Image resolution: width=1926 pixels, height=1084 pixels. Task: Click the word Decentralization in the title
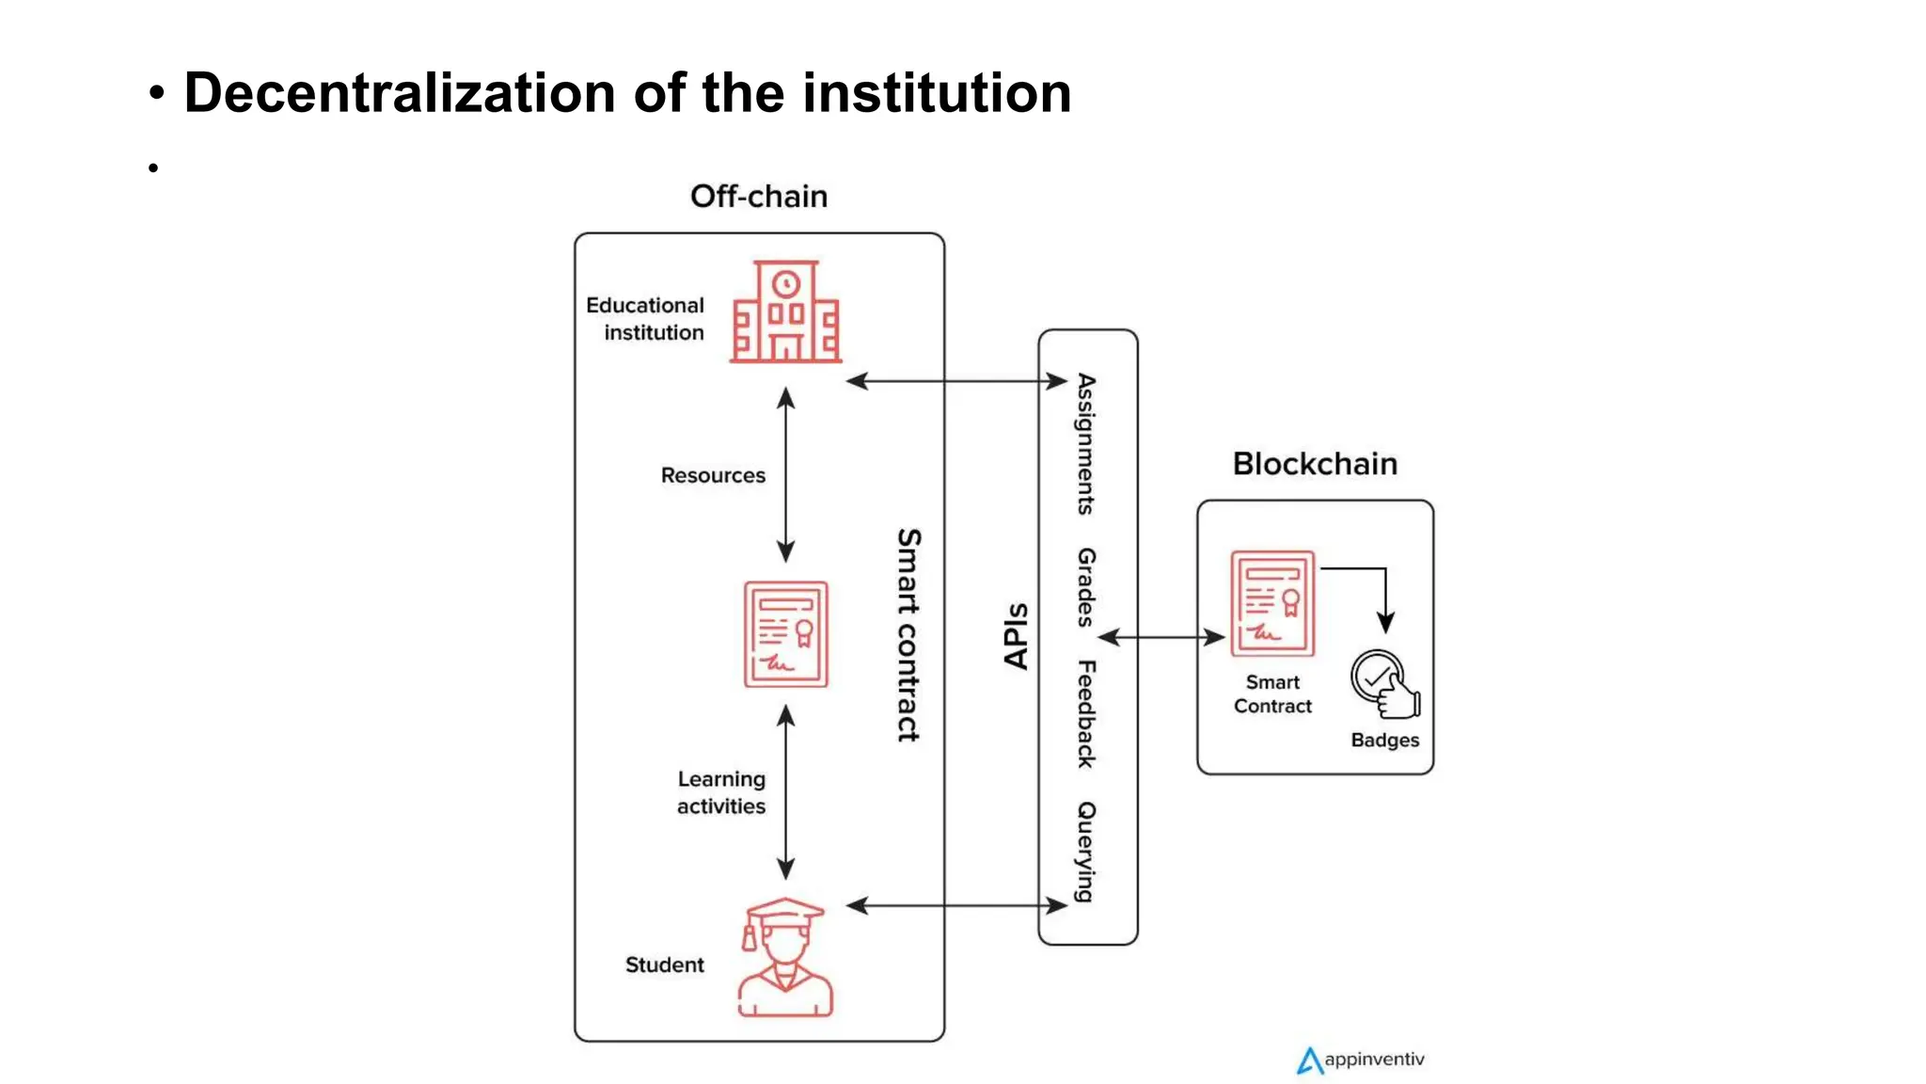click(400, 93)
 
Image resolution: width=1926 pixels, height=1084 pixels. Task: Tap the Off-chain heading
click(758, 197)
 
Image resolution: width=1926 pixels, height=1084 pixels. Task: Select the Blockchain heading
click(1314, 464)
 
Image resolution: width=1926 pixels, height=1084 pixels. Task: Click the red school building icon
click(785, 312)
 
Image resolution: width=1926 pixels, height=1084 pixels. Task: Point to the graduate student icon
click(785, 958)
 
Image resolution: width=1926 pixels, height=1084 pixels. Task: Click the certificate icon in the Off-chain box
click(785, 634)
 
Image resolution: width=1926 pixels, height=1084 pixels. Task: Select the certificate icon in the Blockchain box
click(1271, 603)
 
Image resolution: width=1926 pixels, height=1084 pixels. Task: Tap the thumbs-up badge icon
click(1383, 684)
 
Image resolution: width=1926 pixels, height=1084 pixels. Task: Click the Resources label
click(713, 476)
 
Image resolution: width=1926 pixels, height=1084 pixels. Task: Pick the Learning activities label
click(720, 792)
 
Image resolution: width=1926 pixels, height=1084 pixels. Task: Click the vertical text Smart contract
click(908, 634)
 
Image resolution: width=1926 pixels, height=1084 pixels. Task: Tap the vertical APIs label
click(1016, 636)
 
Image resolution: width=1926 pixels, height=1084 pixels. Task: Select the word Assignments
click(1086, 444)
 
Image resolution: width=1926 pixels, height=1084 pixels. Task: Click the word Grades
click(1086, 587)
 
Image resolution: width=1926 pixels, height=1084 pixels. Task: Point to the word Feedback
click(1086, 714)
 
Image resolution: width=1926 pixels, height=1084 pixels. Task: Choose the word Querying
click(1086, 852)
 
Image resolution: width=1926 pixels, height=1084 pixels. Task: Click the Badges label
click(1384, 741)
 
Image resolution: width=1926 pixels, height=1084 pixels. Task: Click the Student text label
click(664, 965)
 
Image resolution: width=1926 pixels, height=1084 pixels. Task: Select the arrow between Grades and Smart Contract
click(1161, 638)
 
